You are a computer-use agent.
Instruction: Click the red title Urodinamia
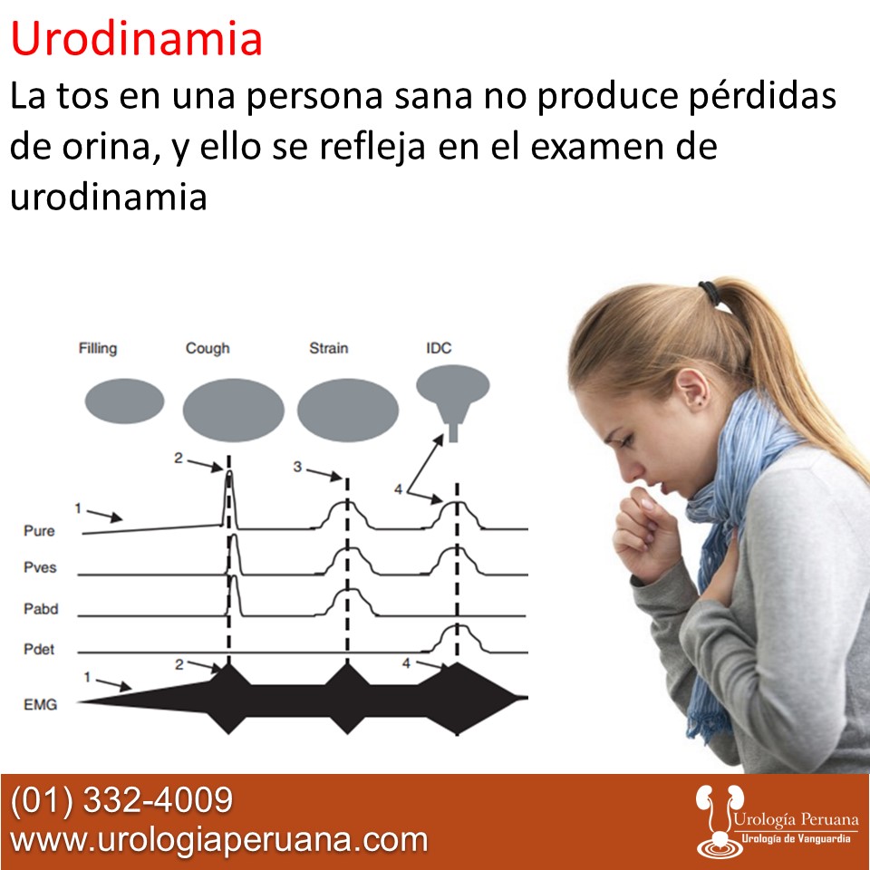point(137,39)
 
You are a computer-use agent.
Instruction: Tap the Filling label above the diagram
point(97,348)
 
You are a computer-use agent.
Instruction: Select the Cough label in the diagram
point(208,348)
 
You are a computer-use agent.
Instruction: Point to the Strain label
point(328,348)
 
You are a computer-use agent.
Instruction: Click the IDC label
point(439,348)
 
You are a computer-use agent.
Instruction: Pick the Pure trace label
point(39,531)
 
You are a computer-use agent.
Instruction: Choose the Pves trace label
point(40,568)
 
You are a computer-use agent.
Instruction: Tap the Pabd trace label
point(41,609)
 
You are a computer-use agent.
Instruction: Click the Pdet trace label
point(40,649)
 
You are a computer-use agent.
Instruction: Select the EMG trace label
point(40,703)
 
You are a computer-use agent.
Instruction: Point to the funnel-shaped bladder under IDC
point(453,395)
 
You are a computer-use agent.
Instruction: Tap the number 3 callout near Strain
point(297,467)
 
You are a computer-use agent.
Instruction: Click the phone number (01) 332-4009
point(121,800)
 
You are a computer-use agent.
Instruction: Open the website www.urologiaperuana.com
point(218,839)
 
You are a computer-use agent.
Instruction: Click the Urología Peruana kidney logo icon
point(715,820)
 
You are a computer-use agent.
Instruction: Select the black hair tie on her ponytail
point(708,292)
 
